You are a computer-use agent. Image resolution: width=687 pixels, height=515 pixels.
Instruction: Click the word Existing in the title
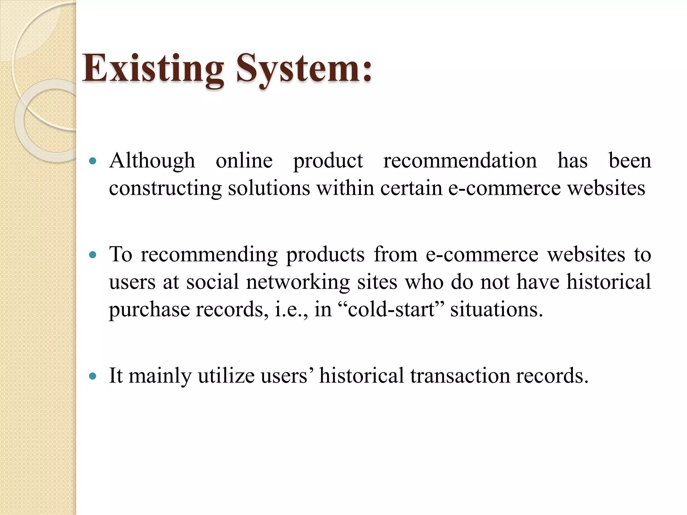click(x=153, y=69)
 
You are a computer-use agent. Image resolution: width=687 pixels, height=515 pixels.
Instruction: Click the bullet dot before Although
click(x=93, y=161)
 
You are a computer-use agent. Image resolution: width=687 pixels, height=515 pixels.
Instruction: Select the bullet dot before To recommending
click(x=93, y=255)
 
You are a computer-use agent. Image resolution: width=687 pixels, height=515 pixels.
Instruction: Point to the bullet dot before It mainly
click(x=93, y=376)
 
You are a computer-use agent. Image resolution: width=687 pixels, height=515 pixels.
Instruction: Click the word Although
click(x=152, y=161)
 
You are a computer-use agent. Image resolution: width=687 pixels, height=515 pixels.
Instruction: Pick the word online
click(x=244, y=161)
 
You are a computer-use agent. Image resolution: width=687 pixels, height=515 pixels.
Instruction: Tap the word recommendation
click(x=460, y=161)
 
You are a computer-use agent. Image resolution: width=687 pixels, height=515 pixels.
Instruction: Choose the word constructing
click(x=165, y=188)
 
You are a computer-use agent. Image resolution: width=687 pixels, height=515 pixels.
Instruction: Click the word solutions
click(x=269, y=188)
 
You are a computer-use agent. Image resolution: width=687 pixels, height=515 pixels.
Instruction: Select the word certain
click(x=411, y=188)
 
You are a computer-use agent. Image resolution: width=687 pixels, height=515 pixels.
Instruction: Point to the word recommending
click(x=209, y=255)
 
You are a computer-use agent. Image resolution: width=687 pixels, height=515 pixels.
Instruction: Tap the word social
click(x=212, y=282)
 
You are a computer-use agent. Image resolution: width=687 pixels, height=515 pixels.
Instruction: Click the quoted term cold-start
click(x=391, y=309)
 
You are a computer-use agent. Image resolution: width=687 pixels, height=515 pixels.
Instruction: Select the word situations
click(x=496, y=309)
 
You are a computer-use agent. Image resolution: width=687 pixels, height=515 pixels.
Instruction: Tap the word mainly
click(x=160, y=376)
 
